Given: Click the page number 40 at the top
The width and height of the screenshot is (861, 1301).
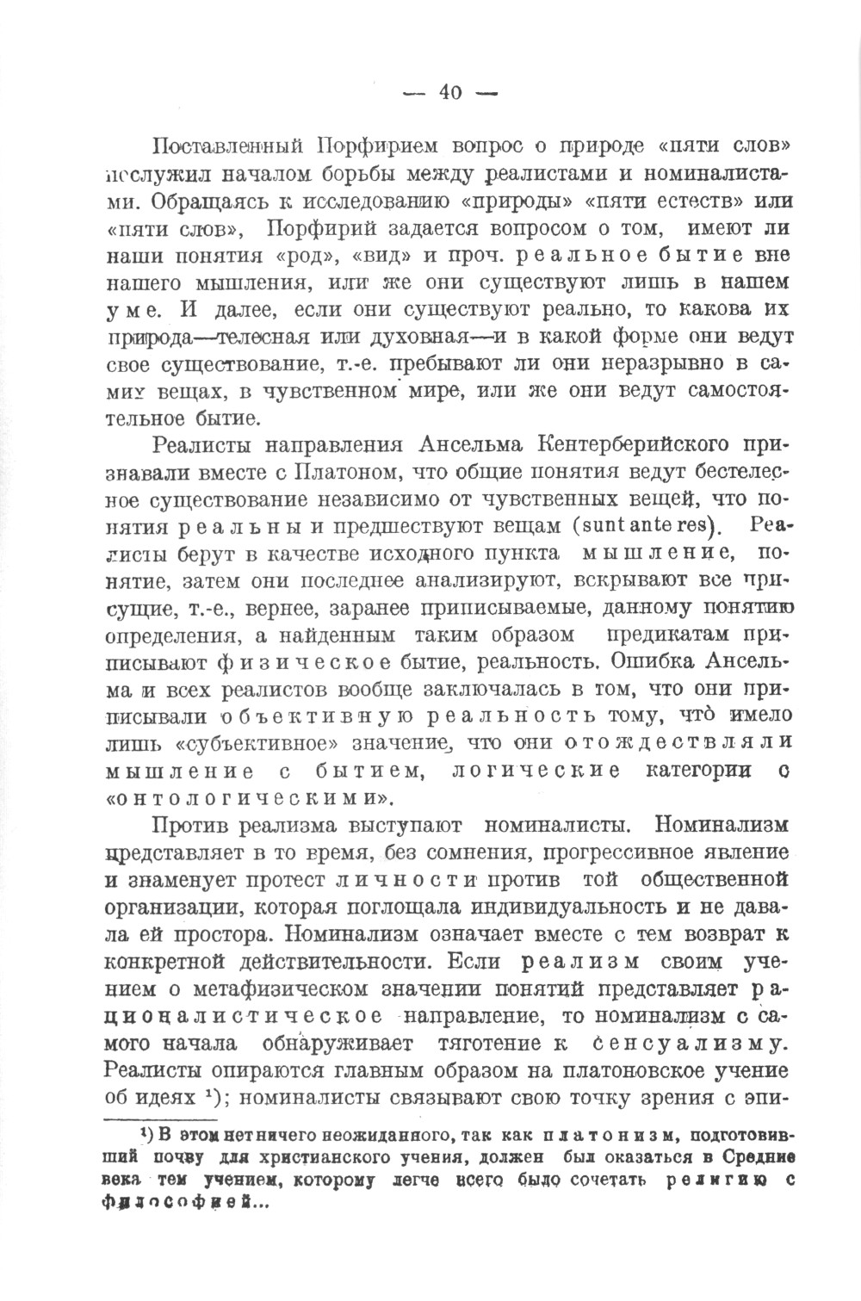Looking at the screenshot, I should coord(450,93).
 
